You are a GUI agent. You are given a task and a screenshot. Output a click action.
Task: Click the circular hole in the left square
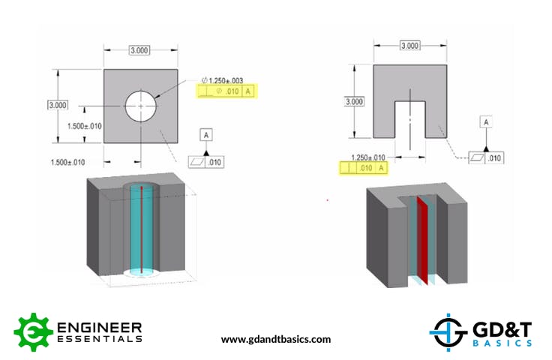pos(142,106)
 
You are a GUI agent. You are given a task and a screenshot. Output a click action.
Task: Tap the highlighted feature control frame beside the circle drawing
pos(224,91)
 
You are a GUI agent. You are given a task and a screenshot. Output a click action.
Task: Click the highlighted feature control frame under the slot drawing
pos(365,168)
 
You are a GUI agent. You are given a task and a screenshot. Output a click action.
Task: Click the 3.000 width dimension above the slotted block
pos(409,46)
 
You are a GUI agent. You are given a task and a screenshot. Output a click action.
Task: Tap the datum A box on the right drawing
pos(486,121)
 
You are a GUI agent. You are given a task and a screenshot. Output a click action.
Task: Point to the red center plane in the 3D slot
pos(421,240)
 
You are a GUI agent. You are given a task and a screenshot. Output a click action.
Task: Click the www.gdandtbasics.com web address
pos(275,339)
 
